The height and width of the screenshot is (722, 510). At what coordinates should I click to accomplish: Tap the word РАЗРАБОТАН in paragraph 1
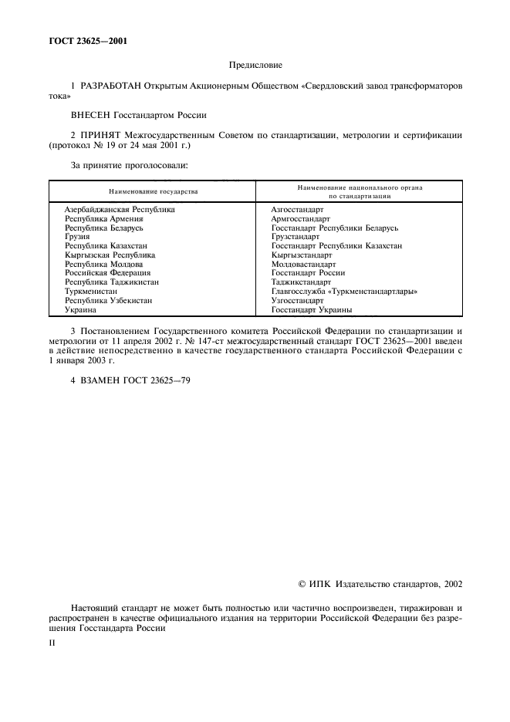click(x=110, y=87)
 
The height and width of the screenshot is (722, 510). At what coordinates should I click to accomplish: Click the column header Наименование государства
click(x=153, y=191)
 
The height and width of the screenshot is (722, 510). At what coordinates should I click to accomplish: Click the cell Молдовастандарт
click(x=302, y=264)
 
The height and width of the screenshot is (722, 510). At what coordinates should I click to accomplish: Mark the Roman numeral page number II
click(x=52, y=640)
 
